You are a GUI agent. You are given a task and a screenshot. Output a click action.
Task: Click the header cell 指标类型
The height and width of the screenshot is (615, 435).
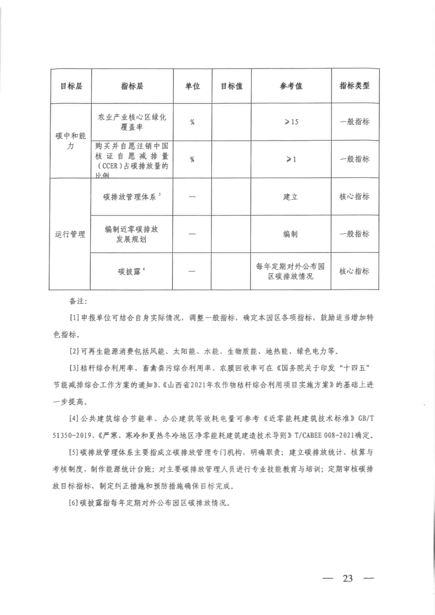[354, 86]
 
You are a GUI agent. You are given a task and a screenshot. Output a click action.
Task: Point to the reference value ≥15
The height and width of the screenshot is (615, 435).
[291, 122]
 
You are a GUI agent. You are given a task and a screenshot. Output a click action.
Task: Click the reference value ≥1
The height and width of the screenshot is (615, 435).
[291, 159]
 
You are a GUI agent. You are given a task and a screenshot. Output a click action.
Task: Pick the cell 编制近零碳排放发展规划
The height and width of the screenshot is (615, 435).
[132, 234]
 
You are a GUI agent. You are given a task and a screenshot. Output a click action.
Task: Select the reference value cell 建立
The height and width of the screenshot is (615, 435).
[291, 196]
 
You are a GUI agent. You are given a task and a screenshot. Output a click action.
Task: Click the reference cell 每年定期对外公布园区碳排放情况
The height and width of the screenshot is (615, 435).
[291, 271]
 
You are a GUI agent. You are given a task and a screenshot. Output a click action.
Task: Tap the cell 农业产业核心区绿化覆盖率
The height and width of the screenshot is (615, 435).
[132, 122]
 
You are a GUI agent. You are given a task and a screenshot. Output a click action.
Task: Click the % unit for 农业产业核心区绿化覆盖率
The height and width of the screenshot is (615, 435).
[192, 122]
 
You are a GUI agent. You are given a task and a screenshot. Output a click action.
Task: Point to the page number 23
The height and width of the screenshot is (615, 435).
[347, 578]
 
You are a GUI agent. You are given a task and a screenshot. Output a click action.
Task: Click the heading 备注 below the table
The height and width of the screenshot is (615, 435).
[77, 302]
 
